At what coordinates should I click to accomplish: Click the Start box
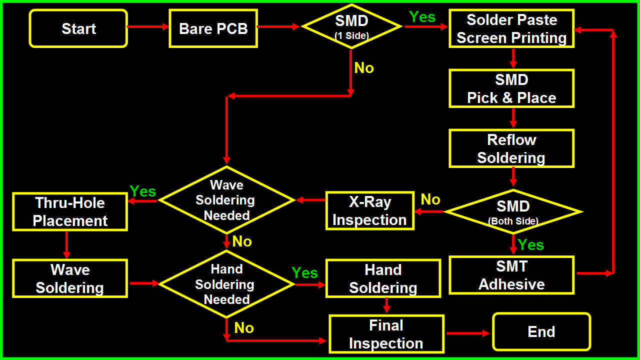[78, 28]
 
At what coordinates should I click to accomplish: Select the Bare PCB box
[213, 28]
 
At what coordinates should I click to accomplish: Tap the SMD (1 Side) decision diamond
[351, 26]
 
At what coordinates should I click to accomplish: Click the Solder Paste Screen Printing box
[511, 29]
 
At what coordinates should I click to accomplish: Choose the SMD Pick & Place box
[511, 88]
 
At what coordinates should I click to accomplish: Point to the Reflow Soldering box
[511, 148]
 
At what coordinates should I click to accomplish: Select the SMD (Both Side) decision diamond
[513, 211]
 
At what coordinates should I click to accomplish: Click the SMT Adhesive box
[511, 275]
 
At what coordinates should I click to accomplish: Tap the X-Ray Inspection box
[369, 210]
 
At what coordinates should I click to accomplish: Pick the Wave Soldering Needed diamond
[226, 200]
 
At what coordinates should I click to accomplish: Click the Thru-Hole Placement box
[70, 212]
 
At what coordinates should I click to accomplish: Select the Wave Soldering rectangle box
[70, 278]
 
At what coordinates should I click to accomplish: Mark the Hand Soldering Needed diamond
[226, 284]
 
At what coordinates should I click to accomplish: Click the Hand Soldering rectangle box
[383, 278]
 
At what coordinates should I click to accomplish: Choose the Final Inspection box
[386, 334]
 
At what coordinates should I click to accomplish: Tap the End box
[541, 332]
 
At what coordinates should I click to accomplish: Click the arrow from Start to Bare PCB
[148, 26]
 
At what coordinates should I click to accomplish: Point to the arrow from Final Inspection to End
[468, 333]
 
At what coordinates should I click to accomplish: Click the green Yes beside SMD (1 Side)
[422, 17]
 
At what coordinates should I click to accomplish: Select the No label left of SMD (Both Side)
[430, 200]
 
